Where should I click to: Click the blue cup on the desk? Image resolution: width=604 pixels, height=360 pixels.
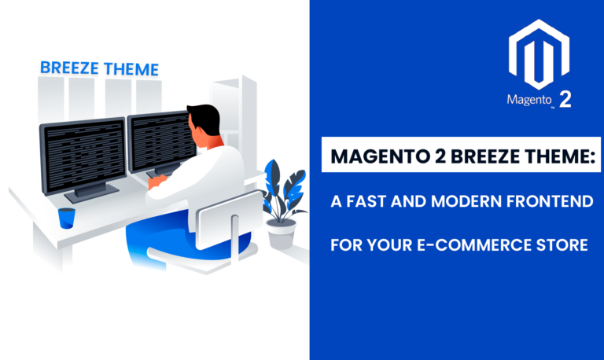click(67, 218)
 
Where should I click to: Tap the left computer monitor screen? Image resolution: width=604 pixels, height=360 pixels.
click(82, 154)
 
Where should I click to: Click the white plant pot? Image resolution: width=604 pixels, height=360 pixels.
click(282, 233)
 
